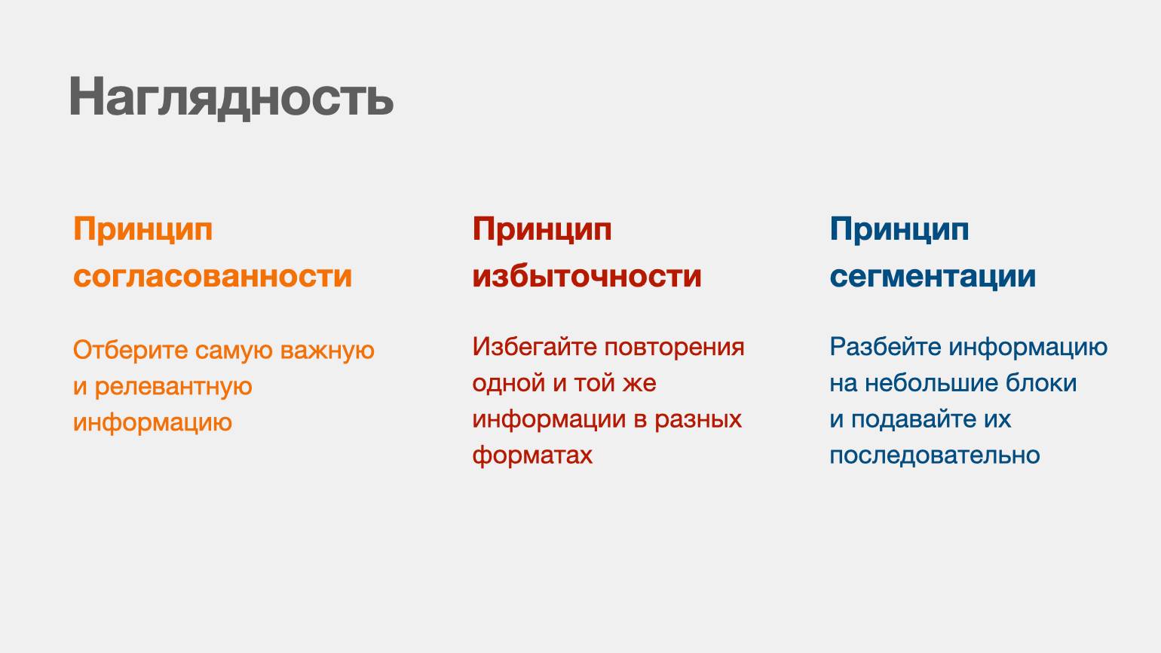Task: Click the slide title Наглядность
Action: point(231,97)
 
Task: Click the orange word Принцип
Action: point(143,229)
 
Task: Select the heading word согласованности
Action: point(213,276)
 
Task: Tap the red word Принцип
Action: point(542,229)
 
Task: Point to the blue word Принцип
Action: point(899,229)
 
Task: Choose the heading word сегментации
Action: point(933,277)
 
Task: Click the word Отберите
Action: point(130,351)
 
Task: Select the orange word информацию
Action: point(152,423)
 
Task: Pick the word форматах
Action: point(532,455)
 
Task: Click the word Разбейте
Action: point(886,347)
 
